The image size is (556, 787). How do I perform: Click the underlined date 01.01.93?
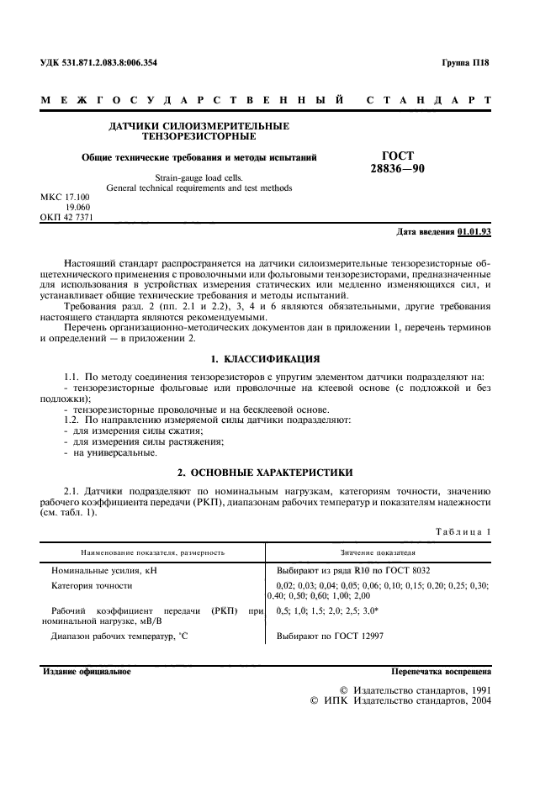[475, 230]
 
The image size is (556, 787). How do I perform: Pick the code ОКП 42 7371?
[66, 217]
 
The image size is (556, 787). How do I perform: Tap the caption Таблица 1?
[461, 532]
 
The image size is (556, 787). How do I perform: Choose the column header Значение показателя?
[378, 552]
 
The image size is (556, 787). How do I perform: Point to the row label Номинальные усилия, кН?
[104, 571]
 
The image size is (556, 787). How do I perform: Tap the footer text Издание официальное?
[86, 672]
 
